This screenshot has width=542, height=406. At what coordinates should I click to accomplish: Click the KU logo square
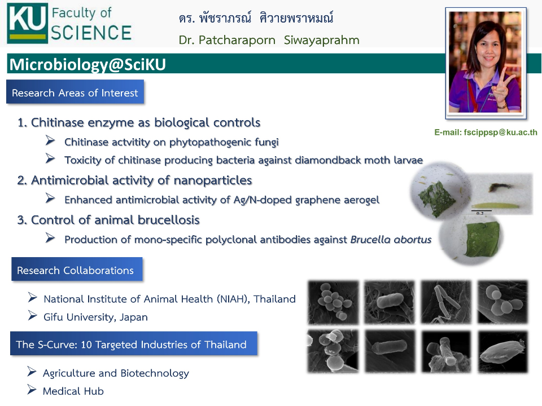[27, 23]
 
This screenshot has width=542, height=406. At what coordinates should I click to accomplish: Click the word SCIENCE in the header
[91, 32]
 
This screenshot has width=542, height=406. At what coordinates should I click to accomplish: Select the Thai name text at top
[256, 18]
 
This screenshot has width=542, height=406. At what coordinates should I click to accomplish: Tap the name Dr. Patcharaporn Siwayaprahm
[269, 40]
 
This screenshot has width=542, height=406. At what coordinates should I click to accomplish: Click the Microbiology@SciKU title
[88, 65]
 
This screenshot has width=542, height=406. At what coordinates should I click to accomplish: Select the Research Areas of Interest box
[75, 92]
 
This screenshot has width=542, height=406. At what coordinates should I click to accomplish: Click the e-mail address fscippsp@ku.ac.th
[486, 133]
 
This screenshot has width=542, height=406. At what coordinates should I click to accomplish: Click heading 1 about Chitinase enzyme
[139, 122]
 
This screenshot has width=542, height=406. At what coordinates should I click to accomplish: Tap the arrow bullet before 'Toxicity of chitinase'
[50, 159]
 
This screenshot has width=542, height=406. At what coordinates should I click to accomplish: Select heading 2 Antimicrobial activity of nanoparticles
[135, 180]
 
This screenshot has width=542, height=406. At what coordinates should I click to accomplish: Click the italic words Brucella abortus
[391, 240]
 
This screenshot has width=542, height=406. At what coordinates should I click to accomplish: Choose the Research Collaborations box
[76, 270]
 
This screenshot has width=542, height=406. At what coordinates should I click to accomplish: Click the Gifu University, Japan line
[95, 317]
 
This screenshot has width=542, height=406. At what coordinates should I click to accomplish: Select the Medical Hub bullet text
[73, 391]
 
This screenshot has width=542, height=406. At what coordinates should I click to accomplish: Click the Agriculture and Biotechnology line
[116, 373]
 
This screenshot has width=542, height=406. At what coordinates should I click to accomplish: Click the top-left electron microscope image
[333, 302]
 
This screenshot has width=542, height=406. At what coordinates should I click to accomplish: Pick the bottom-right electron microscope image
[502, 351]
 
